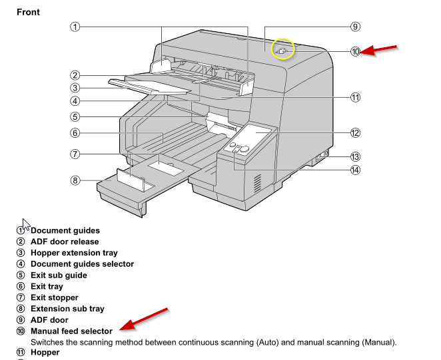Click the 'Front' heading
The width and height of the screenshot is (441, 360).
[x=28, y=12]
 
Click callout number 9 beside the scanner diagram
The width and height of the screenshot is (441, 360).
[x=355, y=27]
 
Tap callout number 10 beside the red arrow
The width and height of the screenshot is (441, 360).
[x=355, y=51]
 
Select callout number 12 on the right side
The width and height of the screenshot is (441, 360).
[x=355, y=132]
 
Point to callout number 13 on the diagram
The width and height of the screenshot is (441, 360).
[x=355, y=157]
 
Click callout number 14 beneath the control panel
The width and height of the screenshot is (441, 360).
[x=355, y=170]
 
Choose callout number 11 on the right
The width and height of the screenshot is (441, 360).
[x=355, y=97]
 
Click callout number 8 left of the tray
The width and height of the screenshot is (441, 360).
[x=75, y=180]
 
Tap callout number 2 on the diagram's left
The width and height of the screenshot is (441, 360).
[x=75, y=75]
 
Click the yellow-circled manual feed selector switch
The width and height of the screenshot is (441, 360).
[x=282, y=50]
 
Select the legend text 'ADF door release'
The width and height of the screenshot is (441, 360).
[x=65, y=242]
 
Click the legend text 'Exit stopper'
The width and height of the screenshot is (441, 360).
[x=55, y=297]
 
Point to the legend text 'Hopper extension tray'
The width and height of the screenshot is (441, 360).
[x=74, y=253]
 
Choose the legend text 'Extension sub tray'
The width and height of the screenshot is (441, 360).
[x=67, y=309]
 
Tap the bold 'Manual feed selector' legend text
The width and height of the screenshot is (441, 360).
[x=71, y=331]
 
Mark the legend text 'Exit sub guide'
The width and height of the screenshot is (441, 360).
[x=59, y=275]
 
